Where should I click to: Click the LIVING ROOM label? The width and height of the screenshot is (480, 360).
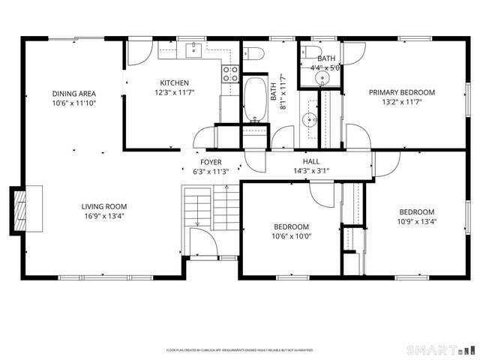[104, 206]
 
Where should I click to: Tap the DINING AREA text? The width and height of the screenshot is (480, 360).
[73, 94]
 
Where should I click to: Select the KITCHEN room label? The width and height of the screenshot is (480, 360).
[174, 82]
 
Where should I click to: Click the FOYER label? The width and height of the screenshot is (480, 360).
[211, 162]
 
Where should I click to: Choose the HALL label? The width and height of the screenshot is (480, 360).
[311, 162]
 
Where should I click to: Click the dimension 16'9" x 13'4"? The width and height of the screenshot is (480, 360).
[104, 217]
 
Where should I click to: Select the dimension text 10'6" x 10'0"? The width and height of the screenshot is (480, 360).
[291, 237]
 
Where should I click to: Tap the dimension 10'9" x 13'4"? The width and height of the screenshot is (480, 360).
[416, 221]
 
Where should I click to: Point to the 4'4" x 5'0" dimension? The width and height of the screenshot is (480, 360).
[326, 67]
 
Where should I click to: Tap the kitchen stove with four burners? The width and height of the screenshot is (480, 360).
[230, 73]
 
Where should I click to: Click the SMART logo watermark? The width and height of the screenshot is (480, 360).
[440, 350]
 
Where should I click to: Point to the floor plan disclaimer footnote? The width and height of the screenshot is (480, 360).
[239, 350]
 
